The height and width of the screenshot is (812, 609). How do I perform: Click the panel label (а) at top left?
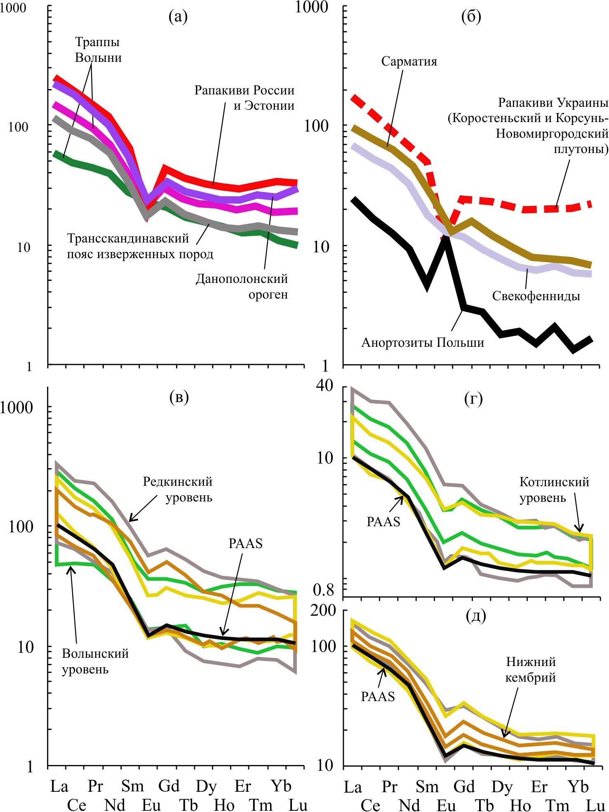coord(178,17)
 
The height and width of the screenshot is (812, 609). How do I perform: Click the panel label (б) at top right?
coord(472,17)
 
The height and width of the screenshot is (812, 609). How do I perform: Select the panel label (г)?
coord(473,399)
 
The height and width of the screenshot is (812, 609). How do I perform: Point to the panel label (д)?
coord(475,616)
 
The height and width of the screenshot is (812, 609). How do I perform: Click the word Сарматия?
coord(409,61)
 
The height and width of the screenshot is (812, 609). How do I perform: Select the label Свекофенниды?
coord(536,296)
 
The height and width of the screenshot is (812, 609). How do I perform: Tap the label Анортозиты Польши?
coord(423,342)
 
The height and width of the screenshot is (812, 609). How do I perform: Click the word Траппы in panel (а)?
coord(97,42)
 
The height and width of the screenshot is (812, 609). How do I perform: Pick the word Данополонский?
coord(242,279)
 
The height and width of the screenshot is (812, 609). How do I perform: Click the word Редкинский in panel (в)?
coord(177,481)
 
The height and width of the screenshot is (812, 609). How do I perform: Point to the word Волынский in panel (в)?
coord(95,653)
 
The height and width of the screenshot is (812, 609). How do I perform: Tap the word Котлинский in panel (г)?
coord(554,482)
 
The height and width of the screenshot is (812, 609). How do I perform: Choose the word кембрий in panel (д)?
coord(531,677)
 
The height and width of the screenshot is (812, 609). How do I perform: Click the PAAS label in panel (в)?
coord(245,543)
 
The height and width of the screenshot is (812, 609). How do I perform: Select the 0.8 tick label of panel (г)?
coord(323,590)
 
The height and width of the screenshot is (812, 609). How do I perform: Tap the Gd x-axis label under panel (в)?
coord(169,786)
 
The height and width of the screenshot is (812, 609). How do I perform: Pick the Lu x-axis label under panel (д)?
coord(595,805)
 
